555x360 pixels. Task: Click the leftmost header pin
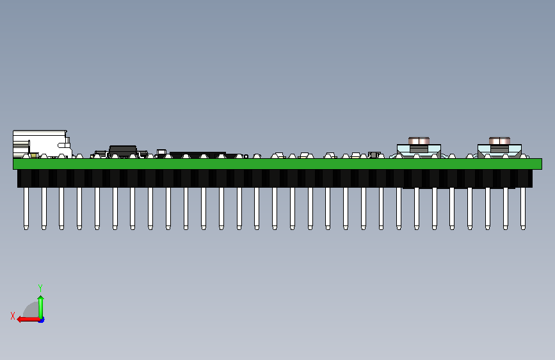(x=26, y=208)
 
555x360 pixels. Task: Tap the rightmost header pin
(x=523, y=208)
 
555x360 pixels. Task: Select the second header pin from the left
(x=44, y=208)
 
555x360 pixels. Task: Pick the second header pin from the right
(x=506, y=208)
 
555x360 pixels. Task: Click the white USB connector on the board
(x=42, y=143)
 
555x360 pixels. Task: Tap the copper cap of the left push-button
(x=419, y=141)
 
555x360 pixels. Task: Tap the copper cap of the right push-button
(x=499, y=141)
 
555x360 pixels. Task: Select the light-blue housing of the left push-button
(x=419, y=151)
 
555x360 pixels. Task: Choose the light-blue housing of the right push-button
(x=499, y=151)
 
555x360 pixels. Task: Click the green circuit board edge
(x=278, y=164)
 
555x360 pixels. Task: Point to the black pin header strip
(x=275, y=179)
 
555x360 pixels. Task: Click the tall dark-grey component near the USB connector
(x=123, y=151)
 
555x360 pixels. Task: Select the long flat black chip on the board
(x=198, y=155)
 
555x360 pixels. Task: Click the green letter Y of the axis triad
(x=40, y=288)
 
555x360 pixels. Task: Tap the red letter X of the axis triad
(x=13, y=316)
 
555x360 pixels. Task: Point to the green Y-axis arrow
(x=41, y=307)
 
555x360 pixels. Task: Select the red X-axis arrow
(x=28, y=320)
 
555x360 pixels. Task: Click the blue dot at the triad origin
(x=42, y=320)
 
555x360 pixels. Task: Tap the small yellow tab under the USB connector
(x=34, y=156)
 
